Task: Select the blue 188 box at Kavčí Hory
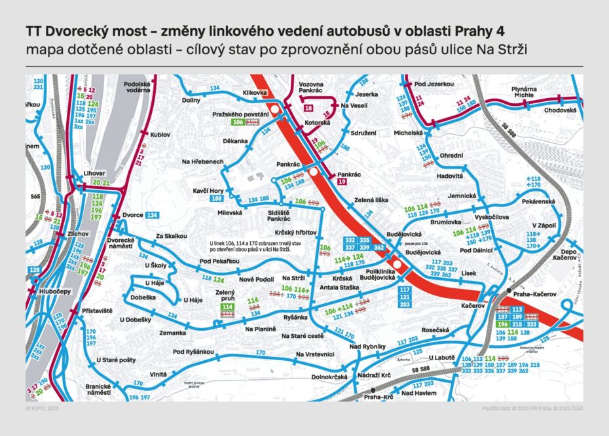[217, 199]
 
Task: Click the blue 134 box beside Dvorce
[152, 215]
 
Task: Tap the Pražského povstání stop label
[240, 114]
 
